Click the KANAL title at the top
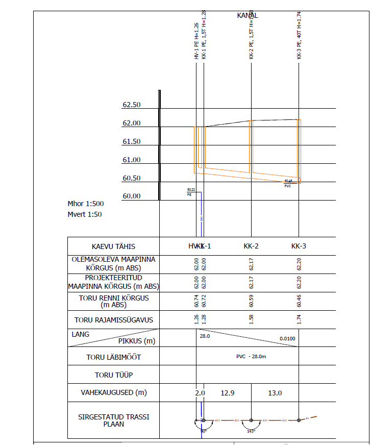click(x=248, y=15)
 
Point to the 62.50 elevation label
click(x=131, y=105)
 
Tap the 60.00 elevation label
click(x=131, y=196)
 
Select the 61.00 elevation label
click(x=131, y=160)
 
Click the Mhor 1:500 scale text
click(x=86, y=204)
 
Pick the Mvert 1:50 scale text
click(x=85, y=215)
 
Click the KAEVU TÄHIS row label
click(x=113, y=247)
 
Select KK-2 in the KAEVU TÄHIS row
click(x=251, y=246)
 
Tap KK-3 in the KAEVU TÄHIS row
click(x=299, y=246)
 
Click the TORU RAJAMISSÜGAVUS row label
click(x=113, y=320)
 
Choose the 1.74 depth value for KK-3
click(x=299, y=320)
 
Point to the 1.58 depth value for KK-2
click(x=252, y=320)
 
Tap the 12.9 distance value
click(x=227, y=393)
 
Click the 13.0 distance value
click(x=275, y=393)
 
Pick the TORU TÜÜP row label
click(x=113, y=375)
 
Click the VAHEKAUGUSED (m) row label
click(x=113, y=393)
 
